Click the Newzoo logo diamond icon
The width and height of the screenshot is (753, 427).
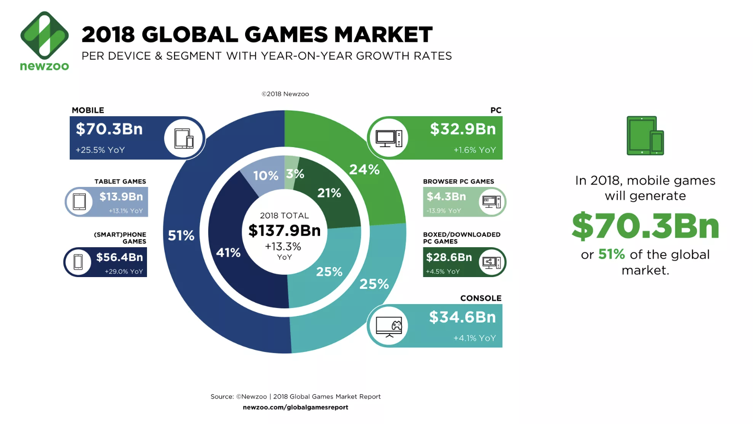click(45, 35)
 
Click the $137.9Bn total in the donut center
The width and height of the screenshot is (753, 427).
click(285, 231)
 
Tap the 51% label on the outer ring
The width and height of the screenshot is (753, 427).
click(181, 235)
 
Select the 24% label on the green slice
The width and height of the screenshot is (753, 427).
click(364, 169)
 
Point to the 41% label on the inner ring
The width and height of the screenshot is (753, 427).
click(228, 252)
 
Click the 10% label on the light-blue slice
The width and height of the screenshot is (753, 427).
click(266, 176)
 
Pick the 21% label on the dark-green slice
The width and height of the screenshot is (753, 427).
click(329, 193)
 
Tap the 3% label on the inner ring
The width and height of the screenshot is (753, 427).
click(295, 174)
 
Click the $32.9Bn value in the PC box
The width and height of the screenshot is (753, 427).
click(462, 129)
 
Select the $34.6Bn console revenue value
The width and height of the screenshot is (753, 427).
click(462, 317)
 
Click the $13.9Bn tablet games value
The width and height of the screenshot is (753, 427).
click(121, 196)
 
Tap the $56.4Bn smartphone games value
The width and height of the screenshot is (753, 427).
click(119, 257)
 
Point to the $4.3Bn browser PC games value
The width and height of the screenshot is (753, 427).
click(446, 196)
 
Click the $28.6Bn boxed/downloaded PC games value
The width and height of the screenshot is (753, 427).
click(449, 257)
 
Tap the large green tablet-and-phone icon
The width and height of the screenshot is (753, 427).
click(645, 136)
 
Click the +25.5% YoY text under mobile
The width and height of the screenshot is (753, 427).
click(100, 150)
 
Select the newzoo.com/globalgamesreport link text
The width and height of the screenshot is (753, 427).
click(295, 407)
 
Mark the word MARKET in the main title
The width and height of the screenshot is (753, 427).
click(383, 35)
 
